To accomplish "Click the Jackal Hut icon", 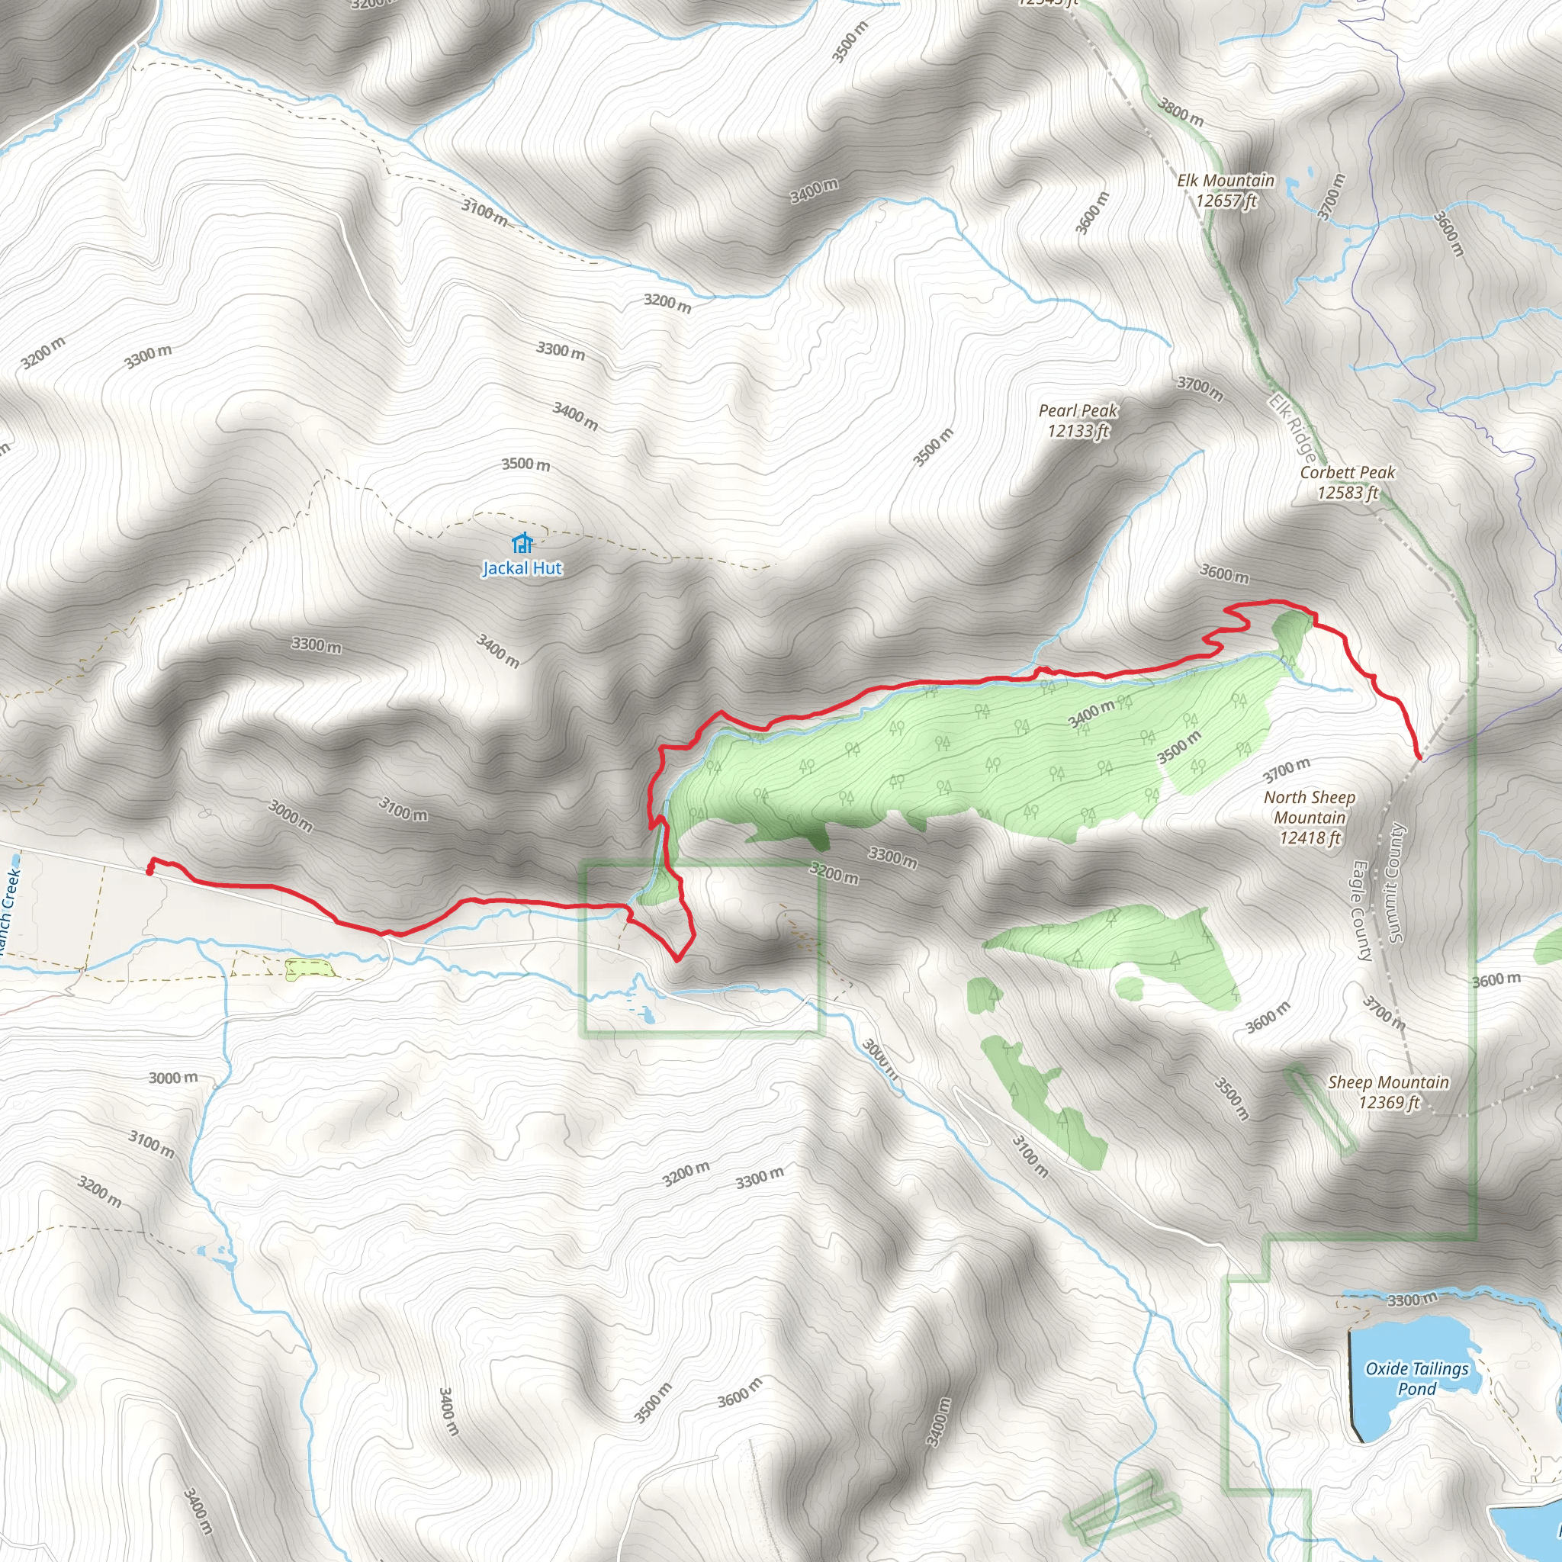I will click(522, 542).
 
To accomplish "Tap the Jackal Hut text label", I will click(522, 568).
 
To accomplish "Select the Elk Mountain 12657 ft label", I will click(1226, 191).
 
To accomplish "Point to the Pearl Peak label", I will click(1078, 420).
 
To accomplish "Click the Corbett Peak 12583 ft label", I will click(1347, 483).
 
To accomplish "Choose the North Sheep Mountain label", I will click(1310, 818).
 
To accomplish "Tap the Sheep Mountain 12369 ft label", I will click(1388, 1092).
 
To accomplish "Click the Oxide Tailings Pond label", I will click(1417, 1378).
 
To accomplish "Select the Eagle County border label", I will click(1361, 911).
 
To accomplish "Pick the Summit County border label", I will click(1395, 883).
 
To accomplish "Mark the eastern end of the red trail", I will click(1419, 757).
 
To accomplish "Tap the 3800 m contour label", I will click(1181, 112).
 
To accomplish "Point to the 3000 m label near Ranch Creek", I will click(173, 1078).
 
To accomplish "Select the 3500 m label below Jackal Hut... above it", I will click(525, 464).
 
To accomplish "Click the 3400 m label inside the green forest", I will click(1091, 715).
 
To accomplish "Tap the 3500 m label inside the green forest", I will click(1180, 747).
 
